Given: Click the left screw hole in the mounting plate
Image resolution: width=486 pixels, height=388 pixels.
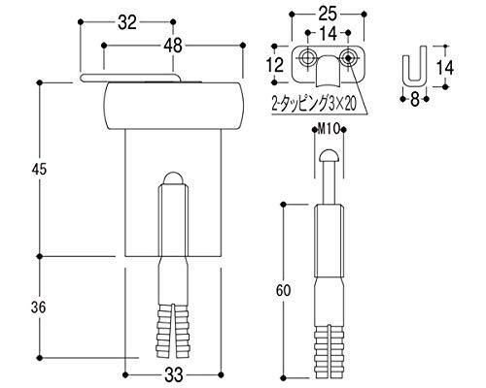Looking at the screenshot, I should [x=309, y=57].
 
